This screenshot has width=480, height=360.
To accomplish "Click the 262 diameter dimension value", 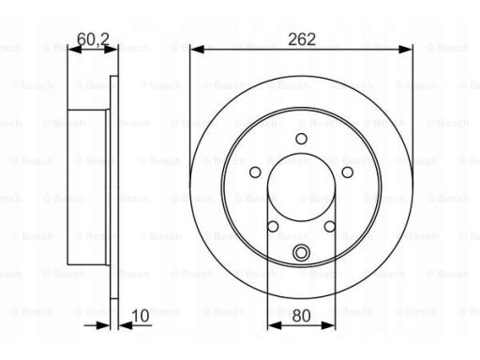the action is (302, 39).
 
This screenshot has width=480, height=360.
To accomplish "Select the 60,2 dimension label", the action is (93, 39).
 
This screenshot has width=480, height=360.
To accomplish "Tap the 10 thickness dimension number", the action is (141, 316).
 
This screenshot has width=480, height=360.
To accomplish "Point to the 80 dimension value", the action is (301, 316).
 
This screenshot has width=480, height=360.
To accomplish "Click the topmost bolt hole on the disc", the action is (301, 139).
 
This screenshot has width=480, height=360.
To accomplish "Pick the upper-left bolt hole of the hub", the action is (255, 172).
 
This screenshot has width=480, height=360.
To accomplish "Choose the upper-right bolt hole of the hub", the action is (348, 172).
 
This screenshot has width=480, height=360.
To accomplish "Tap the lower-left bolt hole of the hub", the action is (273, 226).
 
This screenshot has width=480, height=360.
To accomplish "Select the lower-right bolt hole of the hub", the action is (330, 226).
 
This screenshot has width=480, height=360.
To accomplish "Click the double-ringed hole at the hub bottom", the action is (301, 252).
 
